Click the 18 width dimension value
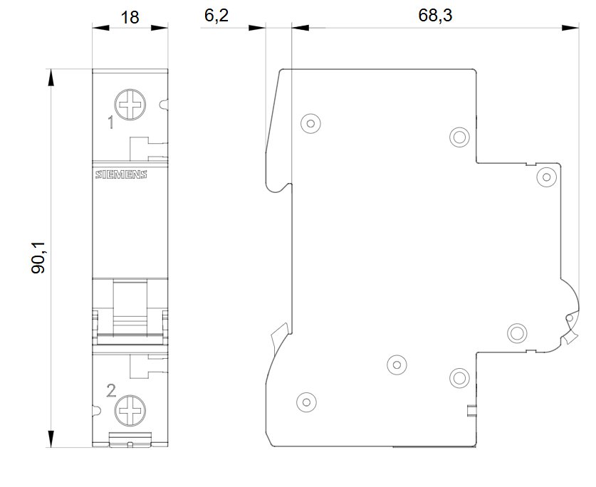point(130,18)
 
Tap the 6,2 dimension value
point(216,16)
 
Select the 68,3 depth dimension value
point(435,16)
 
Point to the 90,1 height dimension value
point(38,257)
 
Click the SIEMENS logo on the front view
point(121,174)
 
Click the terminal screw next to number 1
point(130,105)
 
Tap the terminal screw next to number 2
point(130,411)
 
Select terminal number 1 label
point(110,122)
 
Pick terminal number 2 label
point(111,391)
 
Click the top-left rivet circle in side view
point(310,124)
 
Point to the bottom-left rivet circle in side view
point(306,402)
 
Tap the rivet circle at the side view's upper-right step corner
point(547,177)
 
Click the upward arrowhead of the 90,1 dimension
point(51,78)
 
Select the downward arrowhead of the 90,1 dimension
point(51,439)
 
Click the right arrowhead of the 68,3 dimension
point(570,28)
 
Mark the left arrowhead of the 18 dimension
point(100,28)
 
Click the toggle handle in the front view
point(130,308)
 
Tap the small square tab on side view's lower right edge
point(471,411)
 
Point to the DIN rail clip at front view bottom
point(130,439)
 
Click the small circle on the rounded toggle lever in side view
point(570,318)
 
